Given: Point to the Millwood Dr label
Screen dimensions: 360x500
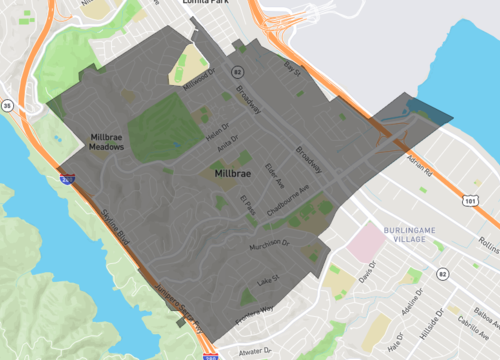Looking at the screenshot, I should [x=198, y=77].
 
